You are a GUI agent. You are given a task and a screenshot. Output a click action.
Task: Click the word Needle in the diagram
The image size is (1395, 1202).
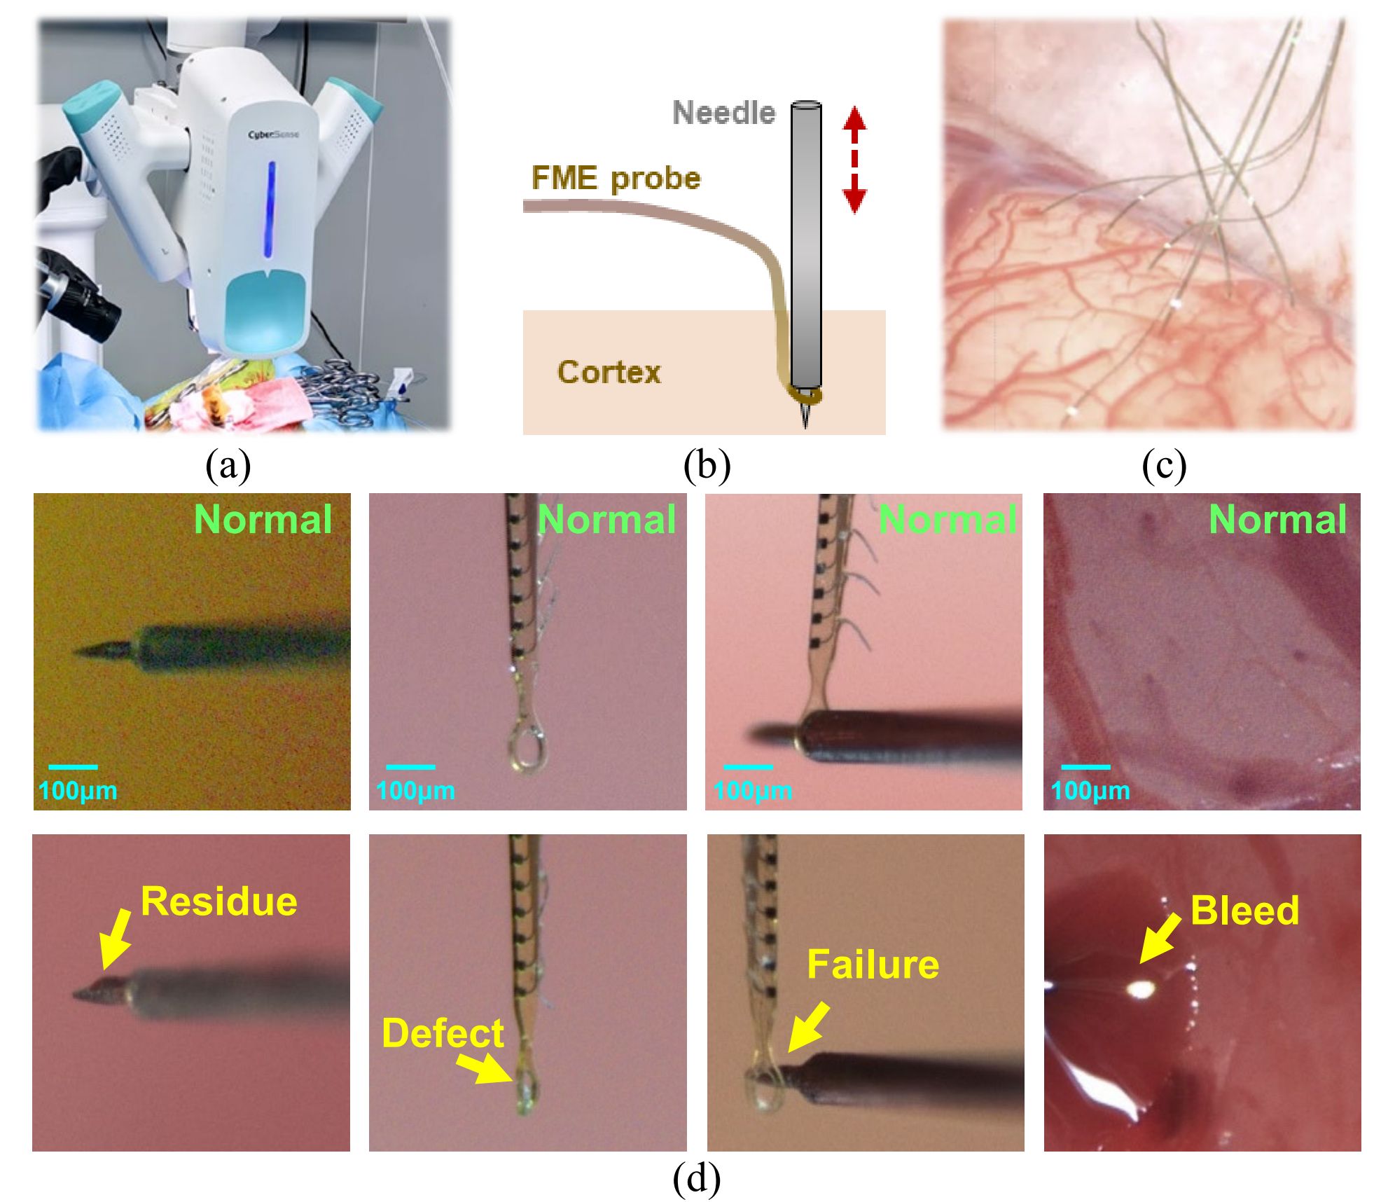coord(724,113)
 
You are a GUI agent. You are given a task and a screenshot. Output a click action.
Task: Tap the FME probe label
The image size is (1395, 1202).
coord(616,179)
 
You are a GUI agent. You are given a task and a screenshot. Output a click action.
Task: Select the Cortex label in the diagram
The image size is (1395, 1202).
coord(609,372)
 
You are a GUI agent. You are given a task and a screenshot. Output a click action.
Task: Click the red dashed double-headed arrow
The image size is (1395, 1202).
coord(854,159)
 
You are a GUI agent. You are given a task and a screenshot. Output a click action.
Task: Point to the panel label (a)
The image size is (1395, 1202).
coord(228,464)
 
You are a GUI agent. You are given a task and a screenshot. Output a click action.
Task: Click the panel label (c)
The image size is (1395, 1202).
coord(1164,464)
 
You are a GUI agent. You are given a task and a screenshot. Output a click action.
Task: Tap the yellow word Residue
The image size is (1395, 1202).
coord(219,901)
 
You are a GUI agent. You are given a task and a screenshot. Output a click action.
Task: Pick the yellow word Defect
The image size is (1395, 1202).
coord(443,1033)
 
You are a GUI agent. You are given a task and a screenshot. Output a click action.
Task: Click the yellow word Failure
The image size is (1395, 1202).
coord(873,965)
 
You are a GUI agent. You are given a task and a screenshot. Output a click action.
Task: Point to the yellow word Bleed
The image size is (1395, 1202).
coord(1244,911)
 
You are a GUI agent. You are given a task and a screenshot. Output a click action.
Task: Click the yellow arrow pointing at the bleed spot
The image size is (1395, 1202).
coord(1160,937)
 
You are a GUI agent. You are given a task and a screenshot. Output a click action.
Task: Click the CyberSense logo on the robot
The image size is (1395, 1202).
coord(273,134)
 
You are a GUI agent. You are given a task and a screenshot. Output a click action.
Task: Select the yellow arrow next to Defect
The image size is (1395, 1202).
coord(484,1068)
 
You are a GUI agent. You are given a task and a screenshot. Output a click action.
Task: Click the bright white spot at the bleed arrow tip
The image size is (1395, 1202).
coord(1141,988)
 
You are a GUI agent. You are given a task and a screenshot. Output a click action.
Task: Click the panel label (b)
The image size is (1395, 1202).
coord(707,464)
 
